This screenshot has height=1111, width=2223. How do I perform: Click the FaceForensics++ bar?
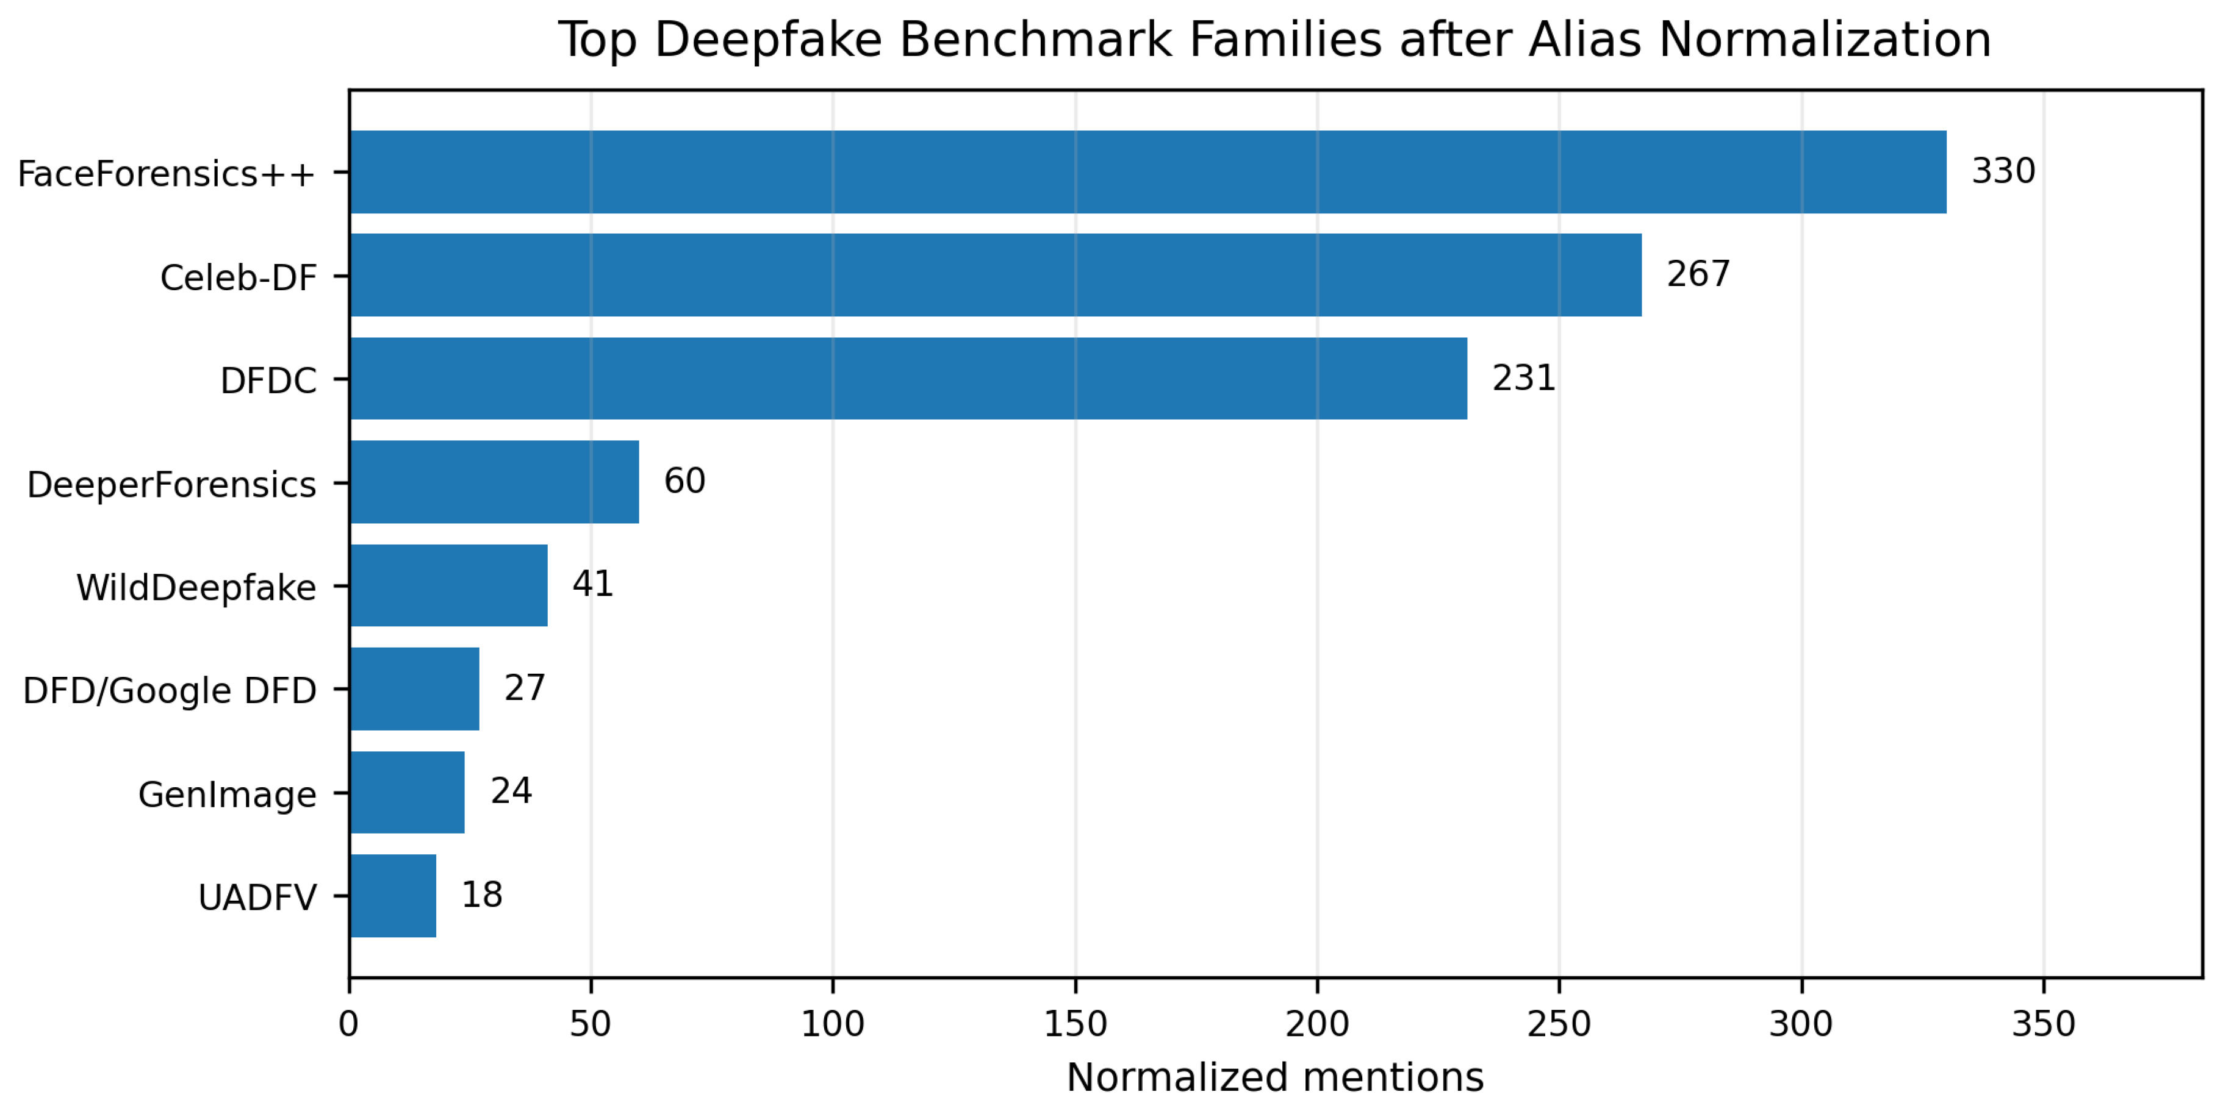[1147, 172]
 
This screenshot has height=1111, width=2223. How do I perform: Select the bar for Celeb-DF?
[995, 275]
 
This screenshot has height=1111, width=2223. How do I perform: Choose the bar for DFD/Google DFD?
[414, 689]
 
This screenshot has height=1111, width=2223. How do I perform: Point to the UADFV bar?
[393, 896]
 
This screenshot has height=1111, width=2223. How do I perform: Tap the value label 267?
[1698, 274]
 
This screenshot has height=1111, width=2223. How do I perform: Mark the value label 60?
[684, 481]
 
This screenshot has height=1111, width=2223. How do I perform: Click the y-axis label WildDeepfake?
[196, 587]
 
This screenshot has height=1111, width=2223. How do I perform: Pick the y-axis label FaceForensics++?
[167, 173]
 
